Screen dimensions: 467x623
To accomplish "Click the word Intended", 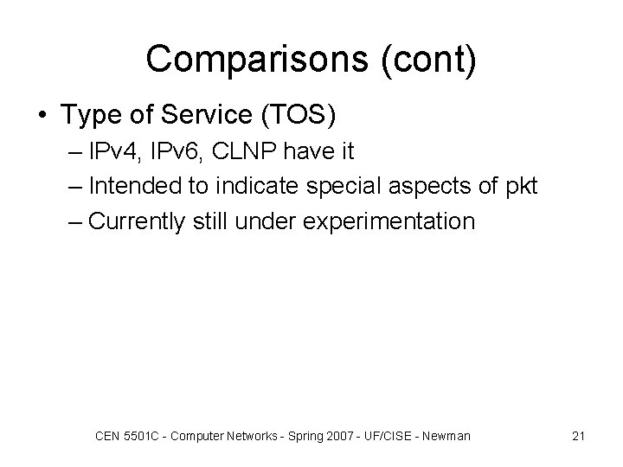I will coord(133,187).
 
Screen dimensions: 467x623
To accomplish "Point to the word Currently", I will coord(137,221).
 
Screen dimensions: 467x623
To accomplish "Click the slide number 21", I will coord(578,436).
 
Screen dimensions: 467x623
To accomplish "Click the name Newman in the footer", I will coord(445,436).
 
